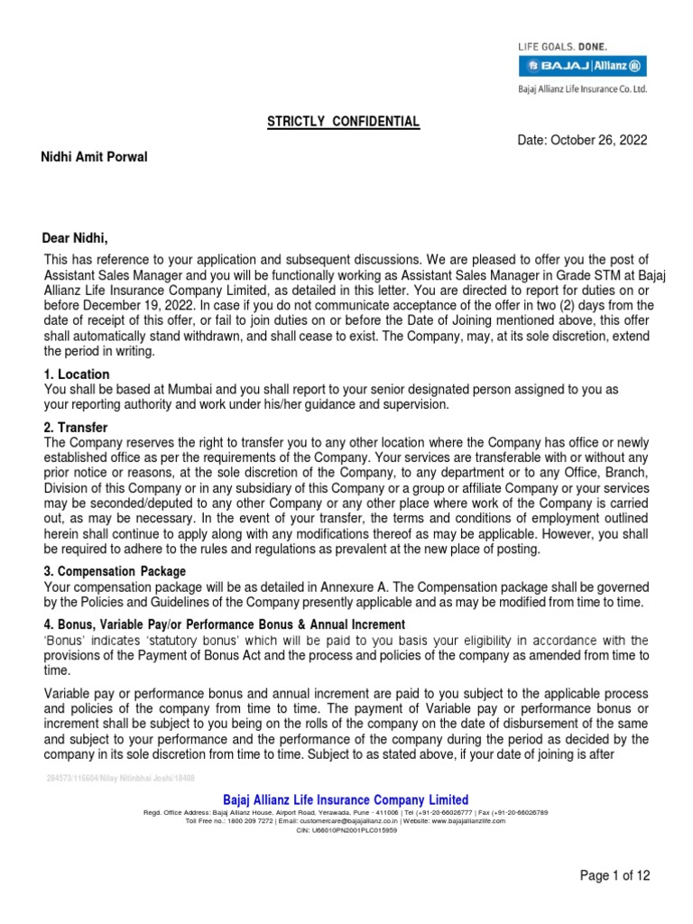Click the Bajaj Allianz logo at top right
point(580,65)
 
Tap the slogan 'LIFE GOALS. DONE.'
point(561,45)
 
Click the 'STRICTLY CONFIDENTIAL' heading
point(343,122)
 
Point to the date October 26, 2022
point(583,141)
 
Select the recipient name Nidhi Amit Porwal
point(94,158)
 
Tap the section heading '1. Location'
point(77,374)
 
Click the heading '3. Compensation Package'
point(115,571)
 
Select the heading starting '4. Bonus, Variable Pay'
point(225,625)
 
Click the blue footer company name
point(346,799)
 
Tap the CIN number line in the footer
point(346,830)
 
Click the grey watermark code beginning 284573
point(120,778)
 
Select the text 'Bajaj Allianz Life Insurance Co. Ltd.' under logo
point(581,88)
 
